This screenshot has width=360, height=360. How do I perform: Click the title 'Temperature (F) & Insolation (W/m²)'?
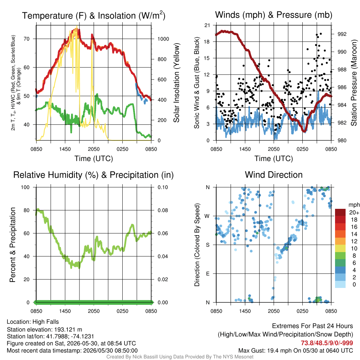pos(94,15)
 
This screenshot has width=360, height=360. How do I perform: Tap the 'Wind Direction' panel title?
pos(274,175)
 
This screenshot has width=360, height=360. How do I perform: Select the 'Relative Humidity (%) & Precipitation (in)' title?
pos(94,175)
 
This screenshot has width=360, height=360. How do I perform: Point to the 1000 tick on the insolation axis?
pos(163,39)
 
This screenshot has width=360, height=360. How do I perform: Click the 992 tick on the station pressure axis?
pos(342,34)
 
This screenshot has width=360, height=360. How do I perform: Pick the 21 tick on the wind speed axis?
pos(207,25)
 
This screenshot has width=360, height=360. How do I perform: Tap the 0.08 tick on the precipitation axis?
pos(163,210)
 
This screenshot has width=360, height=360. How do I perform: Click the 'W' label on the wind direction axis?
pos(207,216)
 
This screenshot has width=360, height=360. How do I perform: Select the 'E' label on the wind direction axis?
pos(207,274)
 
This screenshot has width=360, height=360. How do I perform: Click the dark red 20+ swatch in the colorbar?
pos(340,212)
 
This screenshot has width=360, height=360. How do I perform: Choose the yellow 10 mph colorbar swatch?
pos(340,249)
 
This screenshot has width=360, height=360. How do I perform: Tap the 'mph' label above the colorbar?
pos(354,205)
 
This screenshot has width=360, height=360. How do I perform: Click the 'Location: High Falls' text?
pos(33,322)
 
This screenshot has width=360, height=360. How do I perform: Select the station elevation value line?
pos(45,329)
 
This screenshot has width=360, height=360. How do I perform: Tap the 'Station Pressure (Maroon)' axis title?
pos(354,83)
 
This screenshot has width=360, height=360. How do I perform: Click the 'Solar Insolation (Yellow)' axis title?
pos(176,83)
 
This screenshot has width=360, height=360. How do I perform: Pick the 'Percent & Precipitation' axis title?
pos(13,245)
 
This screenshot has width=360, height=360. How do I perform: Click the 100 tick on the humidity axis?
pos(25,187)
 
